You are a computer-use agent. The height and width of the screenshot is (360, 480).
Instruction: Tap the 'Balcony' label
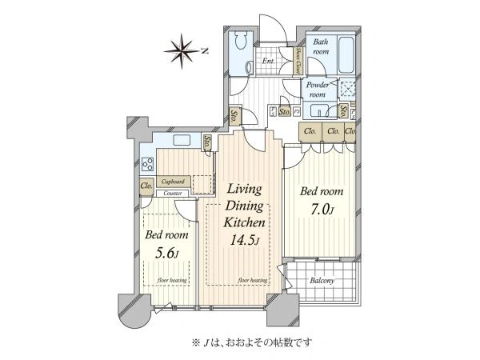322,281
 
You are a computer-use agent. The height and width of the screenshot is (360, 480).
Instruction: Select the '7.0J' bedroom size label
322,211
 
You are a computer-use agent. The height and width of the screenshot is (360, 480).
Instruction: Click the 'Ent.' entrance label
269,61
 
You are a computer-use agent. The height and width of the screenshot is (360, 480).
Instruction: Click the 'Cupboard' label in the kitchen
175,182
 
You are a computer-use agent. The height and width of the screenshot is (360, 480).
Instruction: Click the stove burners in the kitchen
148,166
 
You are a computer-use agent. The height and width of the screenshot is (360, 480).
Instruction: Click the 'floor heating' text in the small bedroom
171,281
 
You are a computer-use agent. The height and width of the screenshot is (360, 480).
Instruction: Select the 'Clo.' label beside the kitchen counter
147,187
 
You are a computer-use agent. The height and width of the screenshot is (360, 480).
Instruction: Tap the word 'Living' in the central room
246,189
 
